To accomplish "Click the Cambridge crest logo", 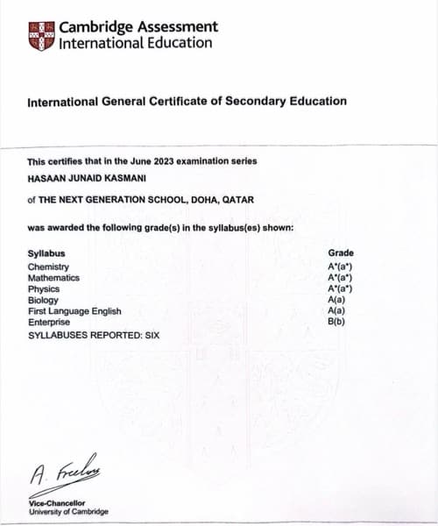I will pos(41,34).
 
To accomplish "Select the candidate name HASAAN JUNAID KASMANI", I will pos(88,178).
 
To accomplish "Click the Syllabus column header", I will pos(46,254).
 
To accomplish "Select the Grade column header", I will pos(341,253).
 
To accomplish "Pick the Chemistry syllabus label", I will pos(48,267).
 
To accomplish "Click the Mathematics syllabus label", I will pos(53,277).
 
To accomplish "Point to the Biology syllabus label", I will pos(43,300).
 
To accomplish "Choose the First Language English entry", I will pos(74,311).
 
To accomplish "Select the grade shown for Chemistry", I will pos(340,267).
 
